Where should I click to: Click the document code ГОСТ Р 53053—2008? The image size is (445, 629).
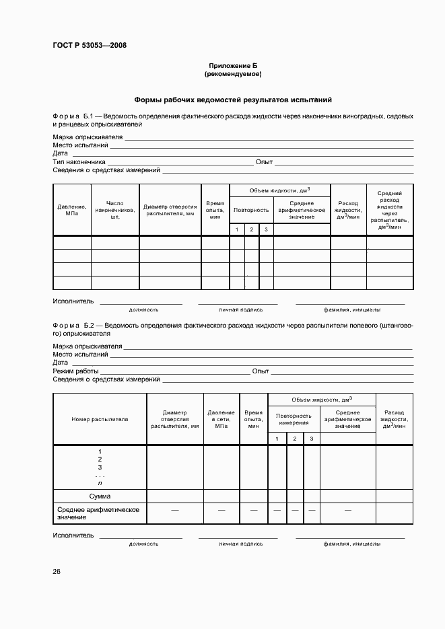point(90,46)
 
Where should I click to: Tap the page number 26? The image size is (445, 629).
point(57,572)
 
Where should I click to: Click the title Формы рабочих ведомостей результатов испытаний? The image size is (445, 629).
point(233,100)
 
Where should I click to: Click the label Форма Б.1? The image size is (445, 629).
point(77,116)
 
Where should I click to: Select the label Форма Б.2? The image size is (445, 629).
point(77,325)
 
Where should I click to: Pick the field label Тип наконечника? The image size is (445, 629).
point(79,162)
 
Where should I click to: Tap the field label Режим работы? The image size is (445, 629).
point(76,371)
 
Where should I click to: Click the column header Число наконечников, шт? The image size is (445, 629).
point(115,210)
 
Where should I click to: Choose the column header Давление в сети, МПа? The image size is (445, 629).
point(221,418)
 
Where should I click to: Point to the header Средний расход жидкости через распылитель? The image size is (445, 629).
point(390,210)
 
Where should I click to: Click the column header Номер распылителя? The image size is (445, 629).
point(100,419)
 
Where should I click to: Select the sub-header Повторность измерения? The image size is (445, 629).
point(294,418)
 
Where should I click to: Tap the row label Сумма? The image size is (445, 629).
point(100,496)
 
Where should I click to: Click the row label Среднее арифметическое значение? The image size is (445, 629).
point(98,513)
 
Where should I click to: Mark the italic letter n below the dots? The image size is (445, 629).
point(100,483)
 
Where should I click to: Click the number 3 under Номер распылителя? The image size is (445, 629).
point(100,467)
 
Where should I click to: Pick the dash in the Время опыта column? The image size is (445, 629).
point(254,511)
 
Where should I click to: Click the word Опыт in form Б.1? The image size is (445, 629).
point(264,162)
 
